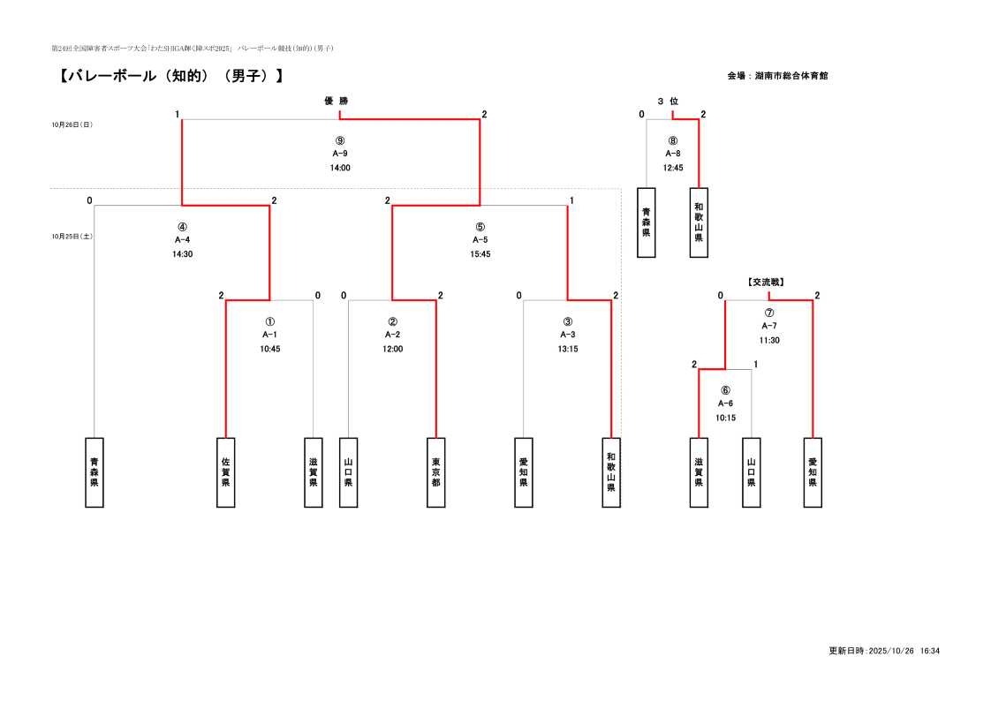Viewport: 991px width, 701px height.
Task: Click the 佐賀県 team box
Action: coord(226,472)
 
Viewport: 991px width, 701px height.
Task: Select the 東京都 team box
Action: coord(436,472)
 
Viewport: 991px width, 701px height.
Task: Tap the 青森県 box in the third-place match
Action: coord(647,222)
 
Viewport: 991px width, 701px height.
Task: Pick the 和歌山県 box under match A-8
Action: coord(699,222)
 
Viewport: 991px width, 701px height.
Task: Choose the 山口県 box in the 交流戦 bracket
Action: coord(752,472)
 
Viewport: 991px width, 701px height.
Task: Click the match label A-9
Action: coord(340,154)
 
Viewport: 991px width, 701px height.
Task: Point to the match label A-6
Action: coord(725,403)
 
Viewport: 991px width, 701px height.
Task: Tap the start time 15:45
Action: coord(480,254)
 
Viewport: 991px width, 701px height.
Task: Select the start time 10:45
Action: coord(270,349)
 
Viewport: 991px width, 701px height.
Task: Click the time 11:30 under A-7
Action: coord(769,340)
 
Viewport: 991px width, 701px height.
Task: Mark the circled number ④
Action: coord(183,226)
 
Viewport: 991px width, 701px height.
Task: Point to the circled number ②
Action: coord(393,322)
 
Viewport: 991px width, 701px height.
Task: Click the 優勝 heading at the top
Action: coord(337,102)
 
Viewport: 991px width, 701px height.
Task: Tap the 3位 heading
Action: coord(668,102)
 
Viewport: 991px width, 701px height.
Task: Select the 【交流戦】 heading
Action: coord(766,283)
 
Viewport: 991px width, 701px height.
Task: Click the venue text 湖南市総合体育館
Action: coord(791,76)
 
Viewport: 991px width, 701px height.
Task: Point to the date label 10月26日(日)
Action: coord(72,125)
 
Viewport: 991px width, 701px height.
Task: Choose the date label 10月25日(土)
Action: coord(72,237)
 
